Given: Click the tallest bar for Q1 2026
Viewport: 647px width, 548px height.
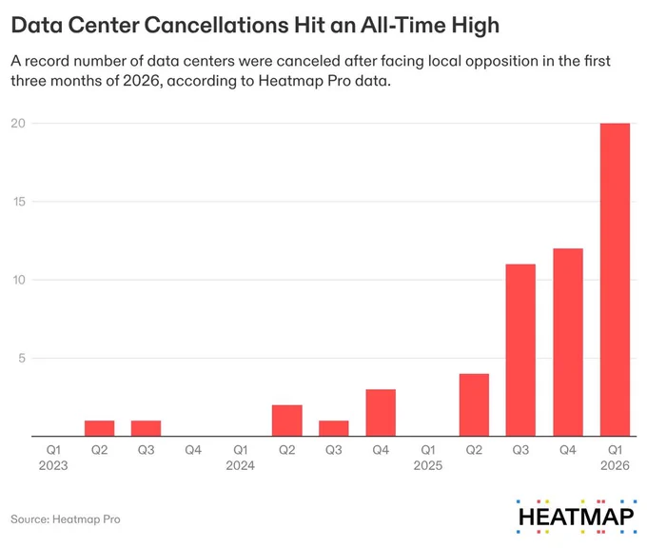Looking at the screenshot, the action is pos(615,280).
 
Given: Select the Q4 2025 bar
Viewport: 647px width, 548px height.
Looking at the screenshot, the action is pos(568,342).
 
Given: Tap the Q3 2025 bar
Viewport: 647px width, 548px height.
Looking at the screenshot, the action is pos(520,350).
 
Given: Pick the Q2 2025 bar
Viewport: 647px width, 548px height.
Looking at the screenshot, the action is pos(474,404).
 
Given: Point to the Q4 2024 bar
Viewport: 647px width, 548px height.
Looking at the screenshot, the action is pos(381,413).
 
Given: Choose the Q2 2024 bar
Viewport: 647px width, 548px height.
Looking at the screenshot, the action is pos(286,421).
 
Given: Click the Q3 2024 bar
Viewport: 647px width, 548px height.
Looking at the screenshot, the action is pos(333,428).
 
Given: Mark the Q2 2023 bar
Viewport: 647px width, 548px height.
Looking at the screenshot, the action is pos(100,428).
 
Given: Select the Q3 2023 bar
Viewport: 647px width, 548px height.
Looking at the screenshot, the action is pos(147,428).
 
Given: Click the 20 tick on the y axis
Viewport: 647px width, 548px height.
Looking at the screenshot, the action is pos(18,123).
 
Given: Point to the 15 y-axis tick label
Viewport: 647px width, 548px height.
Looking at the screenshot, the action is pos(19,202).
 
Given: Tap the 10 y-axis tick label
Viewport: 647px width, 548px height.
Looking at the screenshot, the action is pos(19,280).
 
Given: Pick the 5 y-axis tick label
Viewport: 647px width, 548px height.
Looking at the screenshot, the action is pos(22,358).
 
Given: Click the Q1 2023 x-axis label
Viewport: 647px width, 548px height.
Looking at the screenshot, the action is pos(53,458).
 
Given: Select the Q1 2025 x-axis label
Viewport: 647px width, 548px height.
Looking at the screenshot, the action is pos(428,458).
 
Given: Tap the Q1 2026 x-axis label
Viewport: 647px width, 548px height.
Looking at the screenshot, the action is pos(615,458).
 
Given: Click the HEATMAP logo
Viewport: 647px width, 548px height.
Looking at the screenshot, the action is pos(576,517).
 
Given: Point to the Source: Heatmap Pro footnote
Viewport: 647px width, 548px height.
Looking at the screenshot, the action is pos(66,519).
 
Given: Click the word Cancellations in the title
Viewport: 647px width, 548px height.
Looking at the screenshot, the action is pos(217,25).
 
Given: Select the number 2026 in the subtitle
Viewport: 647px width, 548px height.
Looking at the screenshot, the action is pos(141,81).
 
